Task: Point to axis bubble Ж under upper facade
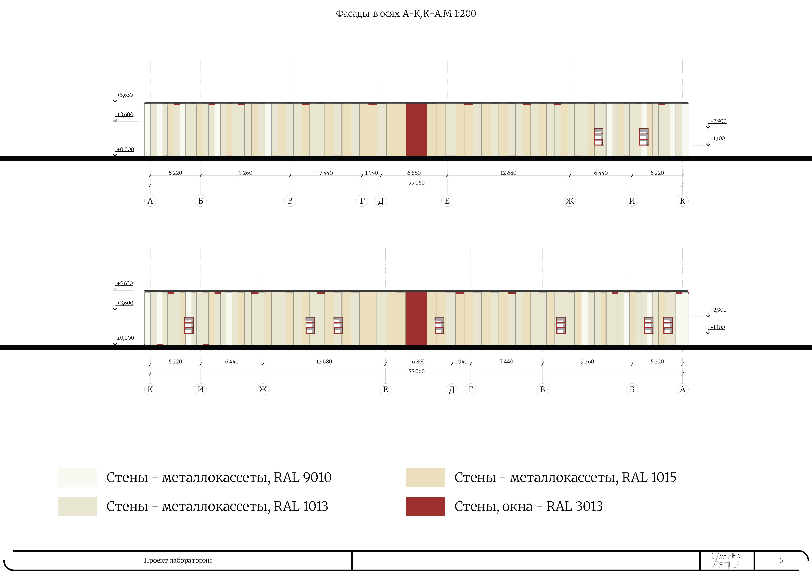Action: (569, 201)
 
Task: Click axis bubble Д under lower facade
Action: (452, 389)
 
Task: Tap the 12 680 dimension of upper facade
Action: (508, 173)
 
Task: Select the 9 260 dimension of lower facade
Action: (587, 361)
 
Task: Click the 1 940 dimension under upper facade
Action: (371, 173)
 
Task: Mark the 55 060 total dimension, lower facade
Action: (416, 371)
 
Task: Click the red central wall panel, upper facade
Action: (416, 130)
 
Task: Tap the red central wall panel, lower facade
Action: (416, 318)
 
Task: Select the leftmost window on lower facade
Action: (189, 325)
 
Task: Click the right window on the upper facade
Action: (644, 137)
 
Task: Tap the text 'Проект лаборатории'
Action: (178, 560)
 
